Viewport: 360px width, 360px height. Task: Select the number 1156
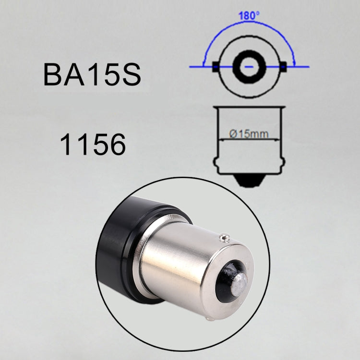[93, 144]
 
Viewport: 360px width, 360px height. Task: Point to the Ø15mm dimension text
[249, 134]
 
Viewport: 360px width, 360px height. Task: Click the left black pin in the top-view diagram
[216, 67]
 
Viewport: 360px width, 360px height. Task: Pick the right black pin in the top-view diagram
[284, 67]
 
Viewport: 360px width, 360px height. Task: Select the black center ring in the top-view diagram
[249, 66]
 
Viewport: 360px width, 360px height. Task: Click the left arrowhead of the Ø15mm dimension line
[221, 139]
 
